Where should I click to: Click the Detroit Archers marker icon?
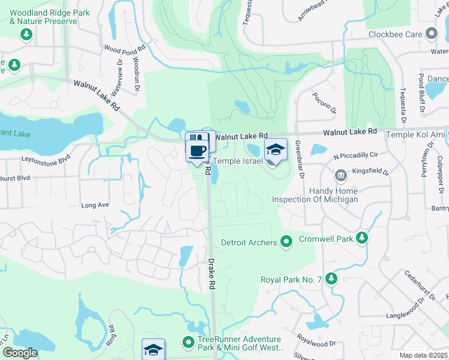coord(286,242)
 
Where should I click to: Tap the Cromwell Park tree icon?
coord(361,238)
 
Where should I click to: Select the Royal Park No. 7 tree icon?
coord(331,279)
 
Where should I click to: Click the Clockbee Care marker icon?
coord(430,34)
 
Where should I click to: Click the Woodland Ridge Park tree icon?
coord(26,34)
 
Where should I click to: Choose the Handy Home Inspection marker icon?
coord(341,175)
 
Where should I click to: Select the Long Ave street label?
coord(95,205)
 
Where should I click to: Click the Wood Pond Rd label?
coord(125,49)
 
